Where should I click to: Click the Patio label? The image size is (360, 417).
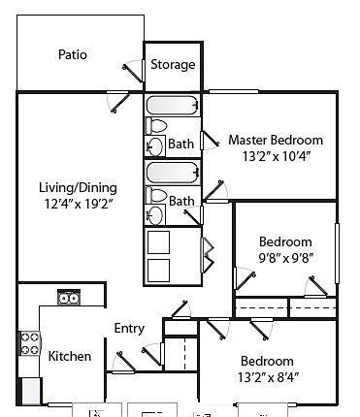point(73,54)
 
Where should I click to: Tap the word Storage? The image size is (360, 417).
point(173,65)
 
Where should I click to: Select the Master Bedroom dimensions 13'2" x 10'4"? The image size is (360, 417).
point(277,157)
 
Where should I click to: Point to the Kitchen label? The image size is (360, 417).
point(70,356)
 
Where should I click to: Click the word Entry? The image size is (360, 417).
point(129,329)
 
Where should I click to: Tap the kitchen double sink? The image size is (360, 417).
point(69,298)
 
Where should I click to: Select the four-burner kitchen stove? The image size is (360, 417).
point(29,343)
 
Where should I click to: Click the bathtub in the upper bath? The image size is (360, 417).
point(173,106)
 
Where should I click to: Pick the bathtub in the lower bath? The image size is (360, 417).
point(173,173)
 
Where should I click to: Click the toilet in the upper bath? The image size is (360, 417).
point(155,126)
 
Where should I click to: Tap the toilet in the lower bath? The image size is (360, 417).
point(155,195)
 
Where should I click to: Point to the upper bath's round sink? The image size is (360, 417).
point(155,146)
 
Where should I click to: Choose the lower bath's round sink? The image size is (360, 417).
point(155,214)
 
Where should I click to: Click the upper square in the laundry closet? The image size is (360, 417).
point(158,242)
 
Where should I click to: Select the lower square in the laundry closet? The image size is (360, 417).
point(158,271)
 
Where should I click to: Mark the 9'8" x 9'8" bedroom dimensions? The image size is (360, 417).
point(286,258)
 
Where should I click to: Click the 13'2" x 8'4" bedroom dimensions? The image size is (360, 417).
point(268,377)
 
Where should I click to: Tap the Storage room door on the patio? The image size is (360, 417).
point(134,72)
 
